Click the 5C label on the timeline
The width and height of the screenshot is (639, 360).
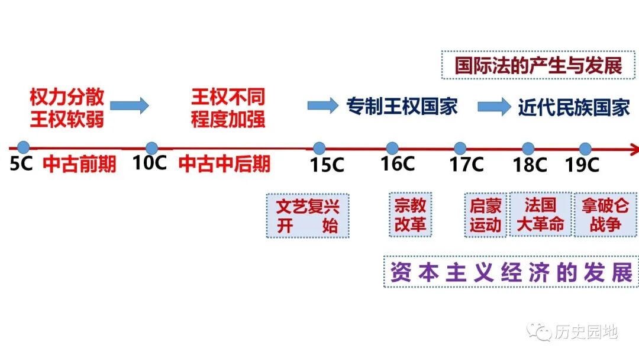tap(21, 164)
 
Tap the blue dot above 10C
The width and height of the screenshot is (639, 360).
tap(151, 148)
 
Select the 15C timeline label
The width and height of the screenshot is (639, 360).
tap(327, 165)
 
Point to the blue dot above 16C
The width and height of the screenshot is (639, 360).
tap(392, 148)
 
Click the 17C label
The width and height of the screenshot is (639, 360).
tap(467, 164)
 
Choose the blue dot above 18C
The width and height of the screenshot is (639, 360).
tap(528, 148)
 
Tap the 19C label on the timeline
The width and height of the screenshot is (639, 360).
tap(583, 164)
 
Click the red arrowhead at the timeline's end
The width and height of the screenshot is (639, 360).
tap(633, 148)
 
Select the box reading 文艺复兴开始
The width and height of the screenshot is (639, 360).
tap(308, 216)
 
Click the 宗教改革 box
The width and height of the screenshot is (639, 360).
tap(410, 214)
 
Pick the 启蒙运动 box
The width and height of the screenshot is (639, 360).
tap(486, 215)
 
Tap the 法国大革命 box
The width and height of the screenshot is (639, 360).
tap(540, 214)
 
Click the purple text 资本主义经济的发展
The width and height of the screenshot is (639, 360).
tap(511, 272)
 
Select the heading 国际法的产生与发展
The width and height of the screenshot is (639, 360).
tap(538, 65)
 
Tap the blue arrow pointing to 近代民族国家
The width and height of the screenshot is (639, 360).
tap(493, 107)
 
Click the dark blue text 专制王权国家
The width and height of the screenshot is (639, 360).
tap(402, 107)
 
